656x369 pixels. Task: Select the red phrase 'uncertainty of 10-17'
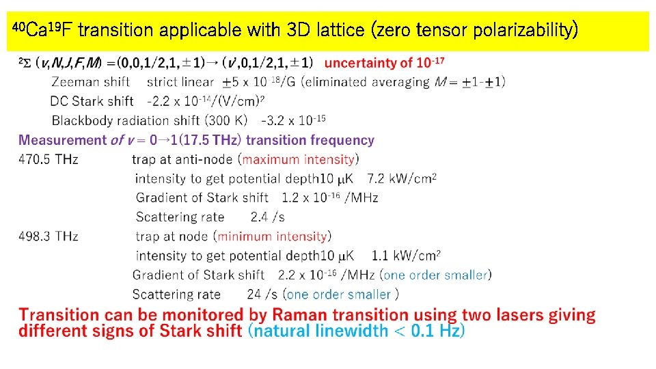(x=384, y=63)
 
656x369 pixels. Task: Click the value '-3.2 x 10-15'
(x=293, y=120)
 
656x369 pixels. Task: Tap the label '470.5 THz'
(x=48, y=159)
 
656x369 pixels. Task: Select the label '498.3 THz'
(x=48, y=236)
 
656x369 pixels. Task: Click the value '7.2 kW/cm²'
(x=402, y=178)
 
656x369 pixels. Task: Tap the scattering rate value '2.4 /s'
(x=267, y=217)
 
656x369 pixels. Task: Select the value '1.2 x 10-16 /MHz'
(x=329, y=197)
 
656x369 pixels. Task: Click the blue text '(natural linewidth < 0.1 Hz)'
(x=356, y=331)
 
